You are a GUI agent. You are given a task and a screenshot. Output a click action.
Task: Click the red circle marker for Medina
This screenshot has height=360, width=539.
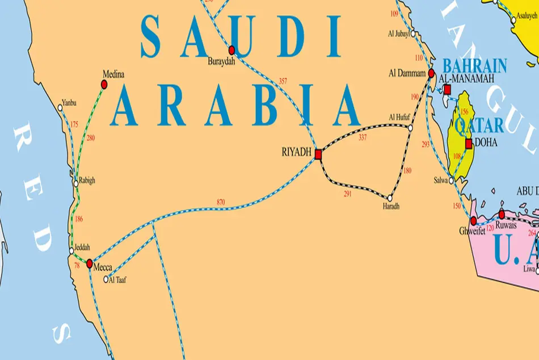pyautogui.click(x=104, y=85)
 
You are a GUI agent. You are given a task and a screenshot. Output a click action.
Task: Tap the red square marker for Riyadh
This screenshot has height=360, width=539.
pyautogui.click(x=318, y=153)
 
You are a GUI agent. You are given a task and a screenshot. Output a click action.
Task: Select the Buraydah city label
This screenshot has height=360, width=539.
pyautogui.click(x=221, y=61)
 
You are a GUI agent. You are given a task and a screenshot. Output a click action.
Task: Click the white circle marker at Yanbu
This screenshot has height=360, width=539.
pyautogui.click(x=61, y=107)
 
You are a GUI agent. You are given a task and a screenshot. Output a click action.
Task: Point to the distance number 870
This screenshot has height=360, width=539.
pyautogui.click(x=221, y=202)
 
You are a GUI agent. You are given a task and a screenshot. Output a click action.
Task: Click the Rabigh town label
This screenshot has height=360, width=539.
pyautogui.click(x=87, y=181)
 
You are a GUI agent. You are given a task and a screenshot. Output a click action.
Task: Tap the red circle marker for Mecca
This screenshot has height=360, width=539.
pyautogui.click(x=89, y=263)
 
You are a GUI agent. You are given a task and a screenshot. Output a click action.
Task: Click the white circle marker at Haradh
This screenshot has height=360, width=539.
pyautogui.click(x=390, y=198)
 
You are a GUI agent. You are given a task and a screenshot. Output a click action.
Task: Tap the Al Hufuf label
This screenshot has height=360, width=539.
pyautogui.click(x=399, y=118)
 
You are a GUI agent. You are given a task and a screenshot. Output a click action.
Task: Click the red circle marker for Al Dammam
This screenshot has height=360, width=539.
pyautogui.click(x=431, y=73)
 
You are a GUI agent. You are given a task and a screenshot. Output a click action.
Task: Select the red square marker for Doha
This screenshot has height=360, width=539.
pyautogui.click(x=469, y=144)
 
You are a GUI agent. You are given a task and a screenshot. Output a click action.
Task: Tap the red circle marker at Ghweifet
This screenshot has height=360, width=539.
pyautogui.click(x=473, y=220)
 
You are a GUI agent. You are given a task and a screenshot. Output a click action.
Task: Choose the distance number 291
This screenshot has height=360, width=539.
pyautogui.click(x=348, y=194)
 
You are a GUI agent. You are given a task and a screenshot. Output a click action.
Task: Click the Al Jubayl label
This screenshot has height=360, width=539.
pyautogui.click(x=398, y=34)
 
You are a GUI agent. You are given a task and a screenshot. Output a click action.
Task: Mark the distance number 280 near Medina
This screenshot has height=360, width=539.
pyautogui.click(x=91, y=138)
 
